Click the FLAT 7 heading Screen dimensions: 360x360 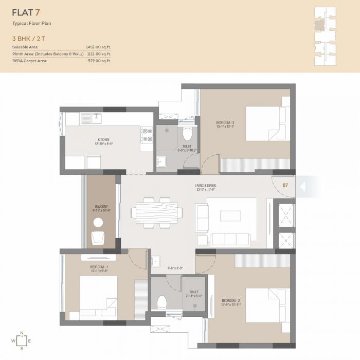click(26, 13)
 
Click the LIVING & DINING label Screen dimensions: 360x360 click(205, 187)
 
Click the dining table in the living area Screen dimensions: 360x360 click(157, 212)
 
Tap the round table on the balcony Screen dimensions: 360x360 click(98, 223)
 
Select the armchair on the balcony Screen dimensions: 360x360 click(98, 238)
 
